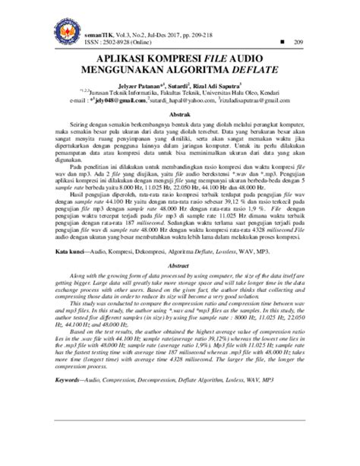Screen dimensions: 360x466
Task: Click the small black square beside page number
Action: [283, 40]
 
